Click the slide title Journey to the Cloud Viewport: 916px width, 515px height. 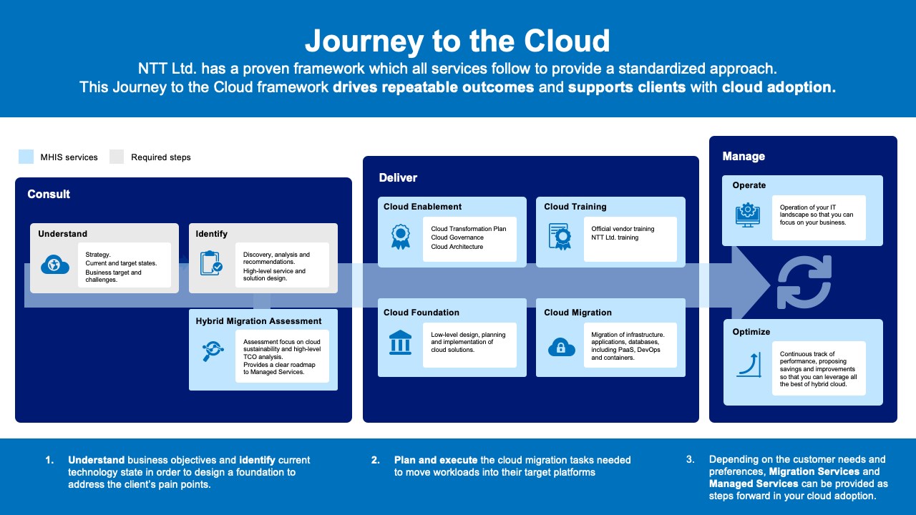(x=457, y=41)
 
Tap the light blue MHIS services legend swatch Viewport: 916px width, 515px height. (x=26, y=157)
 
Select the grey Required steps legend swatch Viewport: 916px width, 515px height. (x=117, y=157)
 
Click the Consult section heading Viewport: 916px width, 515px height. (x=49, y=194)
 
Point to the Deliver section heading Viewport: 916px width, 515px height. (x=398, y=177)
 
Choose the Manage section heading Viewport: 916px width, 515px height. (x=744, y=156)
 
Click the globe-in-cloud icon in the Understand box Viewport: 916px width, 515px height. (x=55, y=265)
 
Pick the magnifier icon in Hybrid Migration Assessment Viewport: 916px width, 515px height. (x=213, y=350)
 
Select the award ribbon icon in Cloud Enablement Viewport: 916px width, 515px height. (x=399, y=237)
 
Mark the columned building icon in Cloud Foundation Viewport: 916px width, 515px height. (x=400, y=343)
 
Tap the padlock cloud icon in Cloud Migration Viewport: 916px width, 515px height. (x=561, y=347)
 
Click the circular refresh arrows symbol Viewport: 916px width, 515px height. (x=804, y=282)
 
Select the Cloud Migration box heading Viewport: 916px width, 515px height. (x=578, y=313)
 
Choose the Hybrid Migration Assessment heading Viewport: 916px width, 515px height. (x=258, y=321)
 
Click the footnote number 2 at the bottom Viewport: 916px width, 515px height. (x=375, y=460)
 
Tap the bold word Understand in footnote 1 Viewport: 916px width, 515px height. (x=96, y=460)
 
